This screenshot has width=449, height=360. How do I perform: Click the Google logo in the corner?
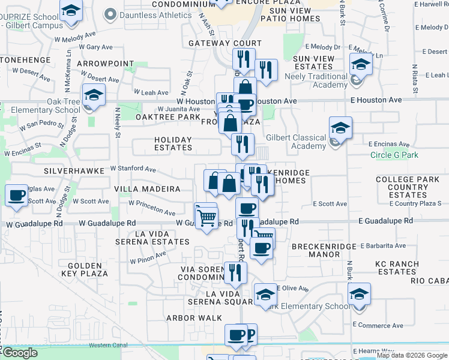[20, 353]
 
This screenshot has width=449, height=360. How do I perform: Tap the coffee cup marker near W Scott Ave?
[16, 195]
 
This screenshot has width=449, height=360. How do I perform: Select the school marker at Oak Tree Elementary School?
[93, 96]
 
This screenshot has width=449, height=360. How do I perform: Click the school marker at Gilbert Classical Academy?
[340, 128]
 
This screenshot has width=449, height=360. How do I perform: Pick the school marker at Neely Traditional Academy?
[361, 65]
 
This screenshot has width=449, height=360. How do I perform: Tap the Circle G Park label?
[394, 155]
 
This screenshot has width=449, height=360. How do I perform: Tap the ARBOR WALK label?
[190, 318]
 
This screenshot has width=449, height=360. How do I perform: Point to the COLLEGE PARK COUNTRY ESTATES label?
[408, 187]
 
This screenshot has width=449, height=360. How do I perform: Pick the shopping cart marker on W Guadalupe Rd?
[206, 217]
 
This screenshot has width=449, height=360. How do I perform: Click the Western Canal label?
[108, 345]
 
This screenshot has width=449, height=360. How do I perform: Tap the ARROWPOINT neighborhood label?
[106, 63]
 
